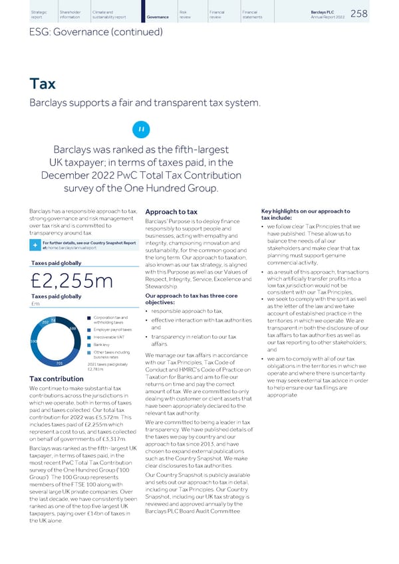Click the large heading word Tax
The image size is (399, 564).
pos(43,84)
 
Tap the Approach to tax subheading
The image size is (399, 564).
pos(171,213)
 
